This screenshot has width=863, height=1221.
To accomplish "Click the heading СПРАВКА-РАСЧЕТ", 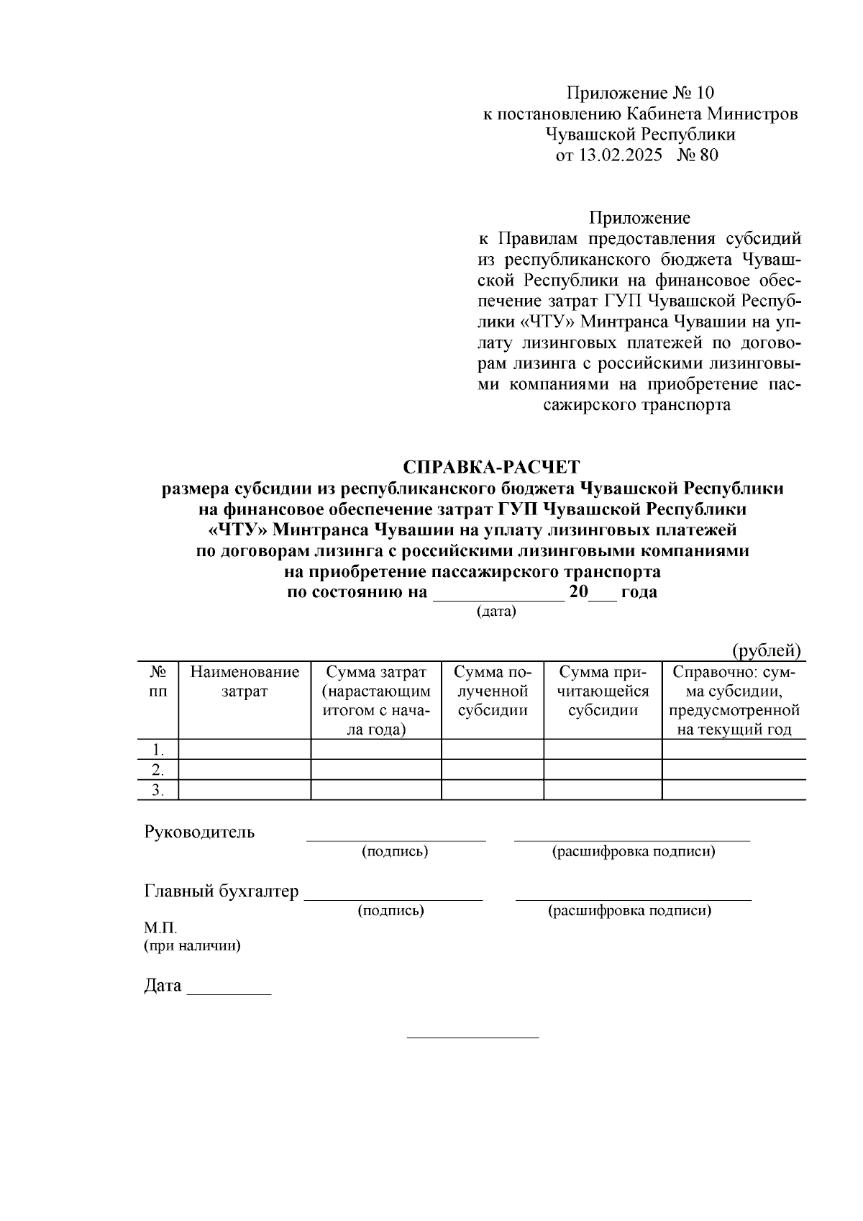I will point(491,467).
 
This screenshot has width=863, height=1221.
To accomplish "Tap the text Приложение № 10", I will point(640,93).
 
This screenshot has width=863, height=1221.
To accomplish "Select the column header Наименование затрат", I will point(245,681).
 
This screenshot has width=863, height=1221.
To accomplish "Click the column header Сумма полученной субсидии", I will point(493,691).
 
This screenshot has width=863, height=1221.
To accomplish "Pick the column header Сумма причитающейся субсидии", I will point(603,691).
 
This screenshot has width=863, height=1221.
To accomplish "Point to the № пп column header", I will point(158,681).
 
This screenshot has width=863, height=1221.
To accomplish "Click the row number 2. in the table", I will point(158,770).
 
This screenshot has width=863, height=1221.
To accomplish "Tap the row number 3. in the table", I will point(158,790).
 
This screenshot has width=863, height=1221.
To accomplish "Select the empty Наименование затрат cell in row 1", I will point(245,749).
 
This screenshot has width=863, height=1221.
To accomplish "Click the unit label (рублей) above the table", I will point(766,650).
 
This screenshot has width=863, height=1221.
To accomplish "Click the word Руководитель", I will point(199,832).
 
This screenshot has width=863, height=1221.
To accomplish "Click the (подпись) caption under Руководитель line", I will point(395,851).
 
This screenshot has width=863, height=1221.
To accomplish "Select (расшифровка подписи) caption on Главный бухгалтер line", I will point(630,910).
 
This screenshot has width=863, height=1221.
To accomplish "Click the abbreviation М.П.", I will point(160,927).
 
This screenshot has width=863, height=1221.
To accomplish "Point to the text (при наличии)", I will point(192,945).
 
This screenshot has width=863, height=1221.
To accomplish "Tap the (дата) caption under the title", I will point(496,612).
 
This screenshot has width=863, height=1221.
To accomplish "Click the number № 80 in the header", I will point(697,155).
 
